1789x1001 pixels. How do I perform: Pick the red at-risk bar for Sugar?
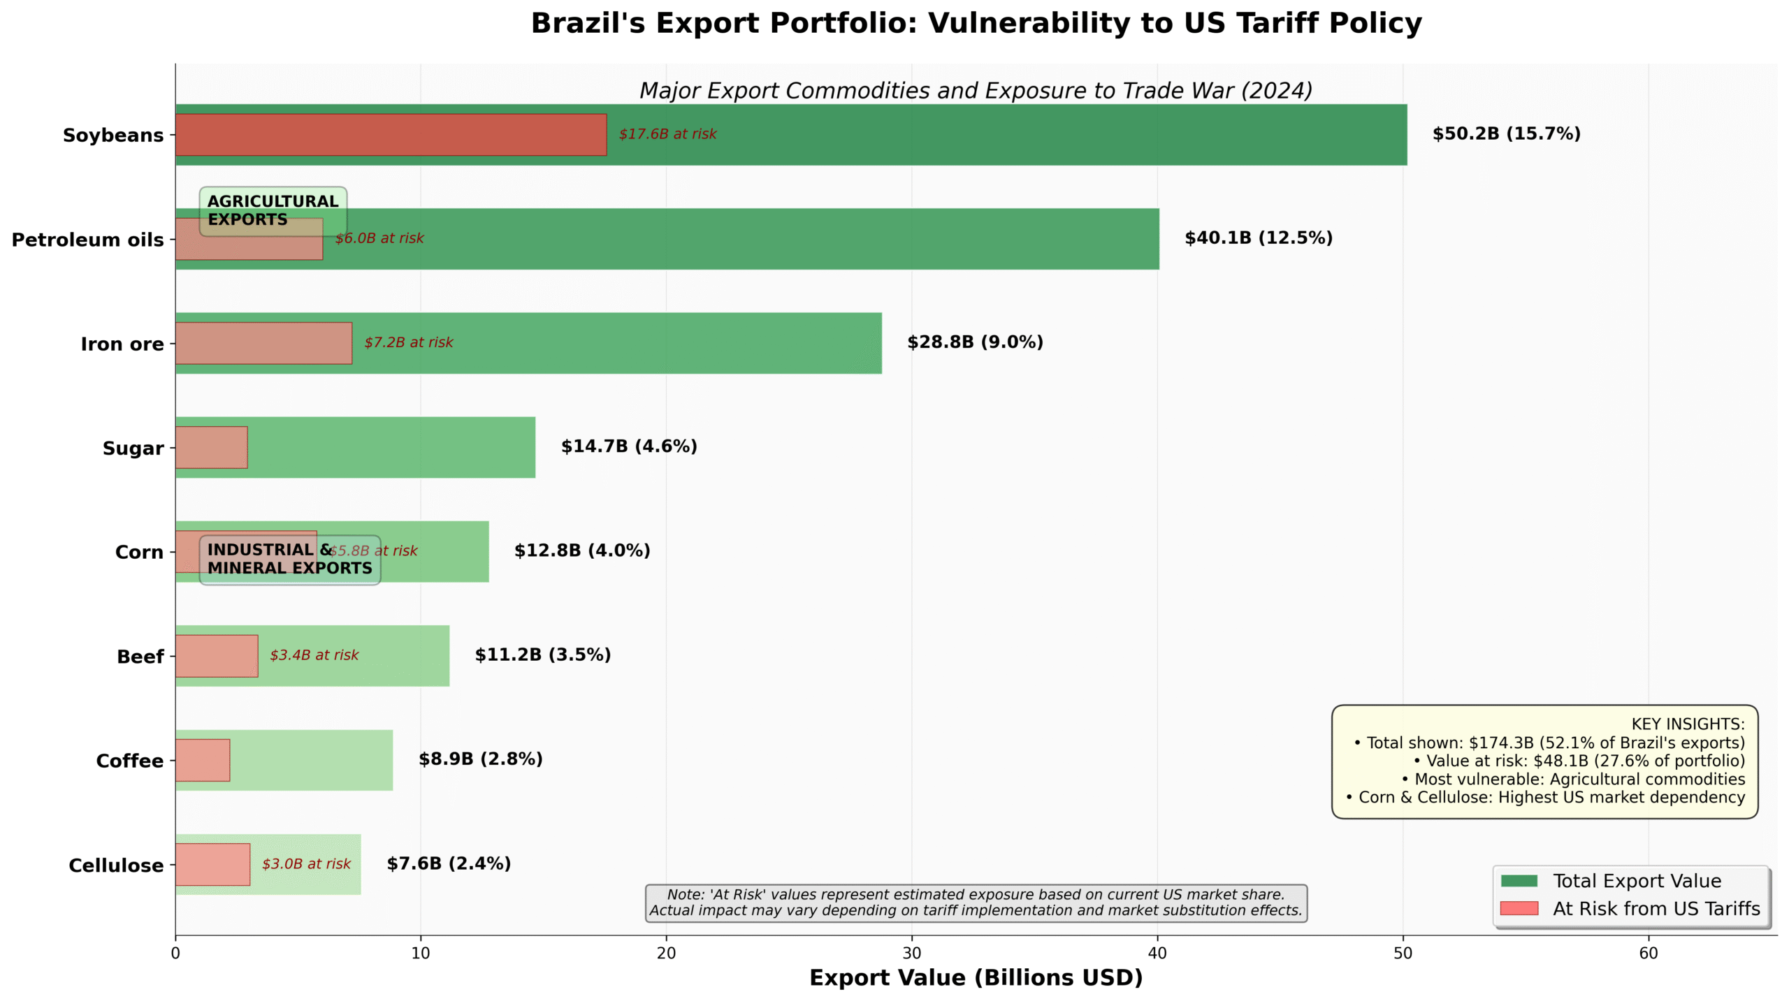pos(211,447)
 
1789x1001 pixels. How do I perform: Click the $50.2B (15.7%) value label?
pos(1506,133)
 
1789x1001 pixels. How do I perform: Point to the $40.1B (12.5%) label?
pos(1258,238)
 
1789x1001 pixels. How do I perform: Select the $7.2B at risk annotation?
pos(408,342)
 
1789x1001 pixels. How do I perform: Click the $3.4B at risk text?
pos(314,655)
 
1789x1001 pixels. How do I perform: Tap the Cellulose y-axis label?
pos(116,865)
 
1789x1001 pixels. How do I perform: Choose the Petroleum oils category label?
pos(87,240)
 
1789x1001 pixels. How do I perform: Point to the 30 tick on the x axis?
pos(911,953)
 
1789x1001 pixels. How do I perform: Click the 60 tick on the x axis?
pos(1648,953)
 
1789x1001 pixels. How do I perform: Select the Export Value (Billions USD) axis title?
pos(976,977)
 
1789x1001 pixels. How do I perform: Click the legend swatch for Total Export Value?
pos(1519,880)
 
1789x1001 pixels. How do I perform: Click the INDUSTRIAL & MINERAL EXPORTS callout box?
pos(289,560)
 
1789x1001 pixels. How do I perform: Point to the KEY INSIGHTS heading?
pos(1687,724)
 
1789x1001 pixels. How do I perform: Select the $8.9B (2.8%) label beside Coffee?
pos(480,759)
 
